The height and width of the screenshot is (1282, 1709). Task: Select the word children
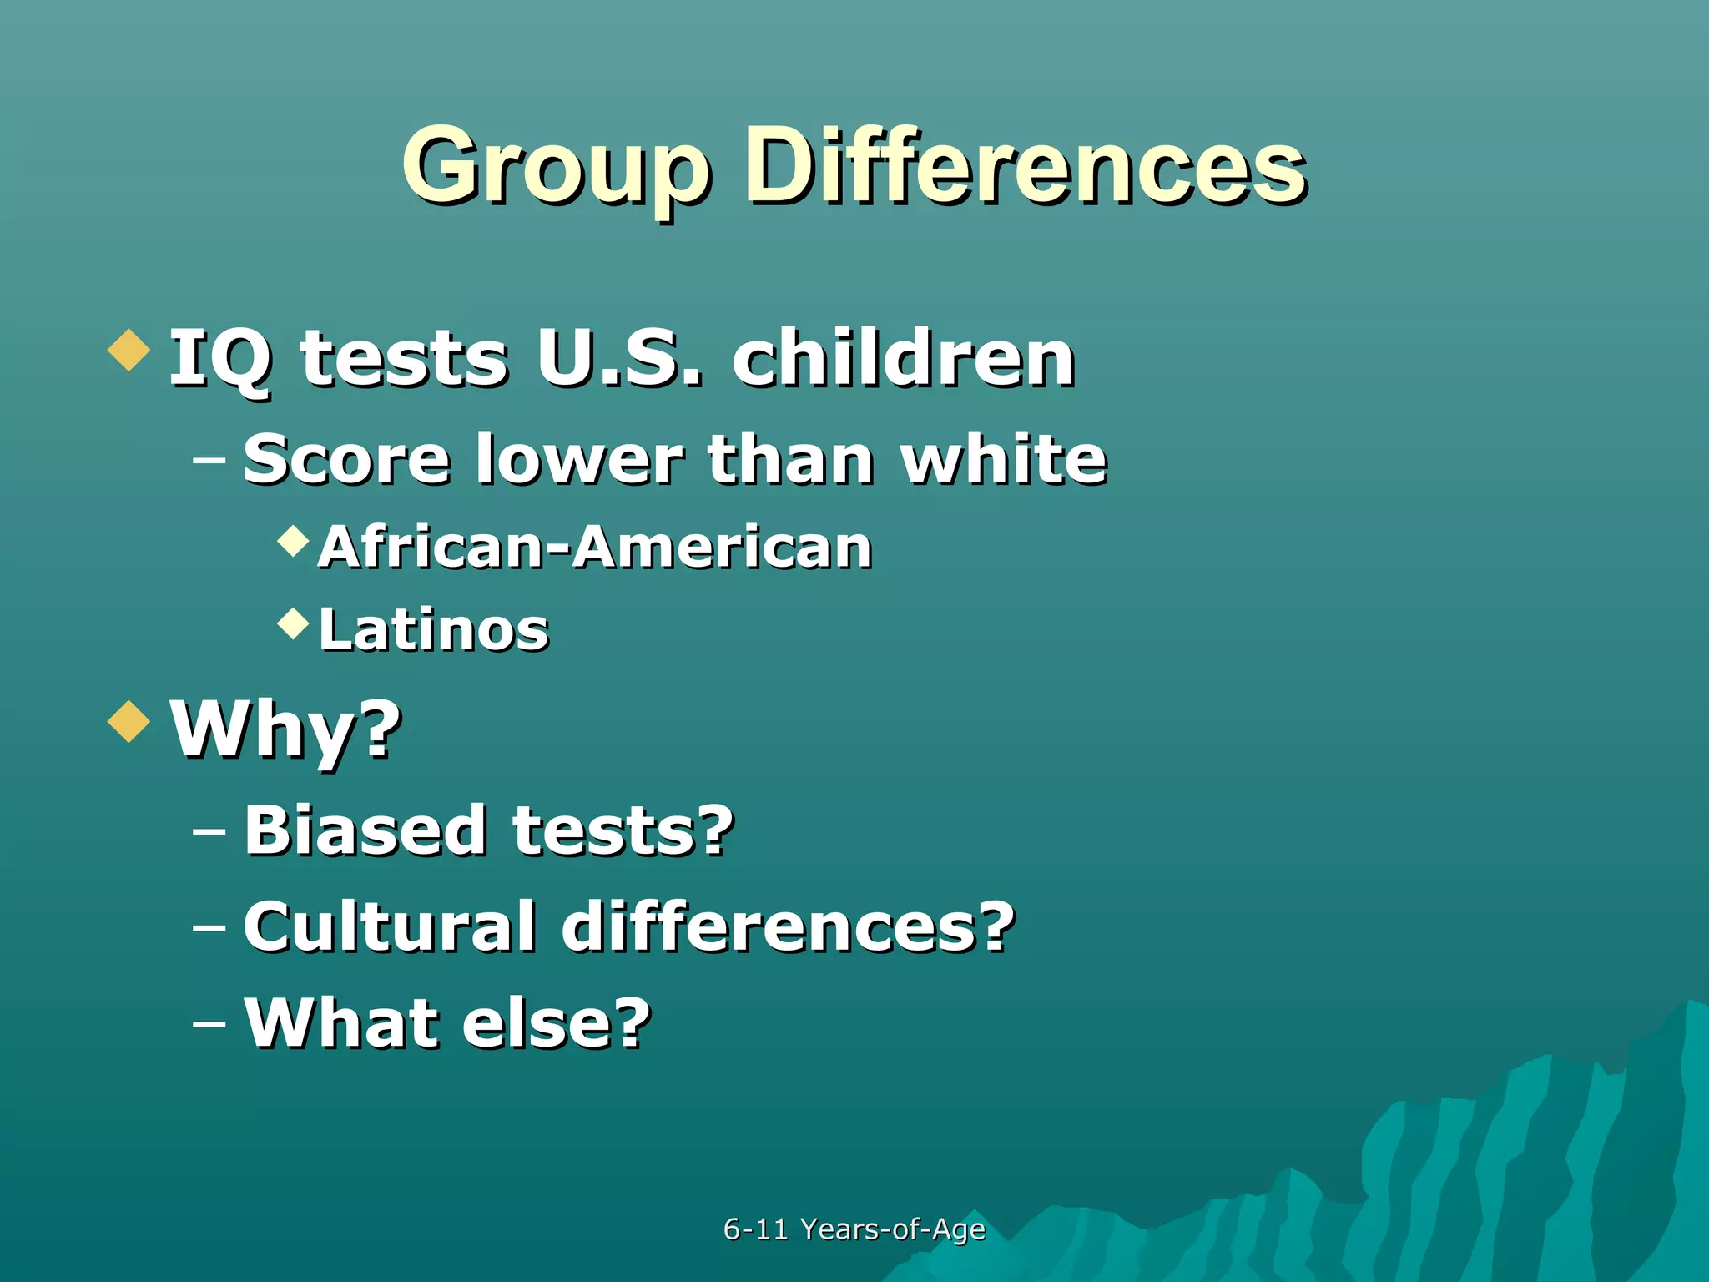click(903, 359)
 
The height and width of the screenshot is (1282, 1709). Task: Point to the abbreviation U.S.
click(619, 359)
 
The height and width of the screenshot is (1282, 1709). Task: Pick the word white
click(1003, 458)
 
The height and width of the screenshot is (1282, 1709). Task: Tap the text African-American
click(595, 548)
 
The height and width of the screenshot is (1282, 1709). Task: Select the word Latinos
click(434, 629)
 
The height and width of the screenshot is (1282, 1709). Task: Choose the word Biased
click(365, 830)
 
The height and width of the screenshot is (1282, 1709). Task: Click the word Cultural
click(389, 926)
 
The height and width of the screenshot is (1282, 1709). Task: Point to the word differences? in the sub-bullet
click(788, 926)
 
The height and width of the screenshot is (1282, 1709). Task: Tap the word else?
click(556, 1022)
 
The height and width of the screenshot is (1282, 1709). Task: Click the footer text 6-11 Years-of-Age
click(854, 1229)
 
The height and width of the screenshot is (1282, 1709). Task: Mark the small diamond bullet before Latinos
click(293, 623)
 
